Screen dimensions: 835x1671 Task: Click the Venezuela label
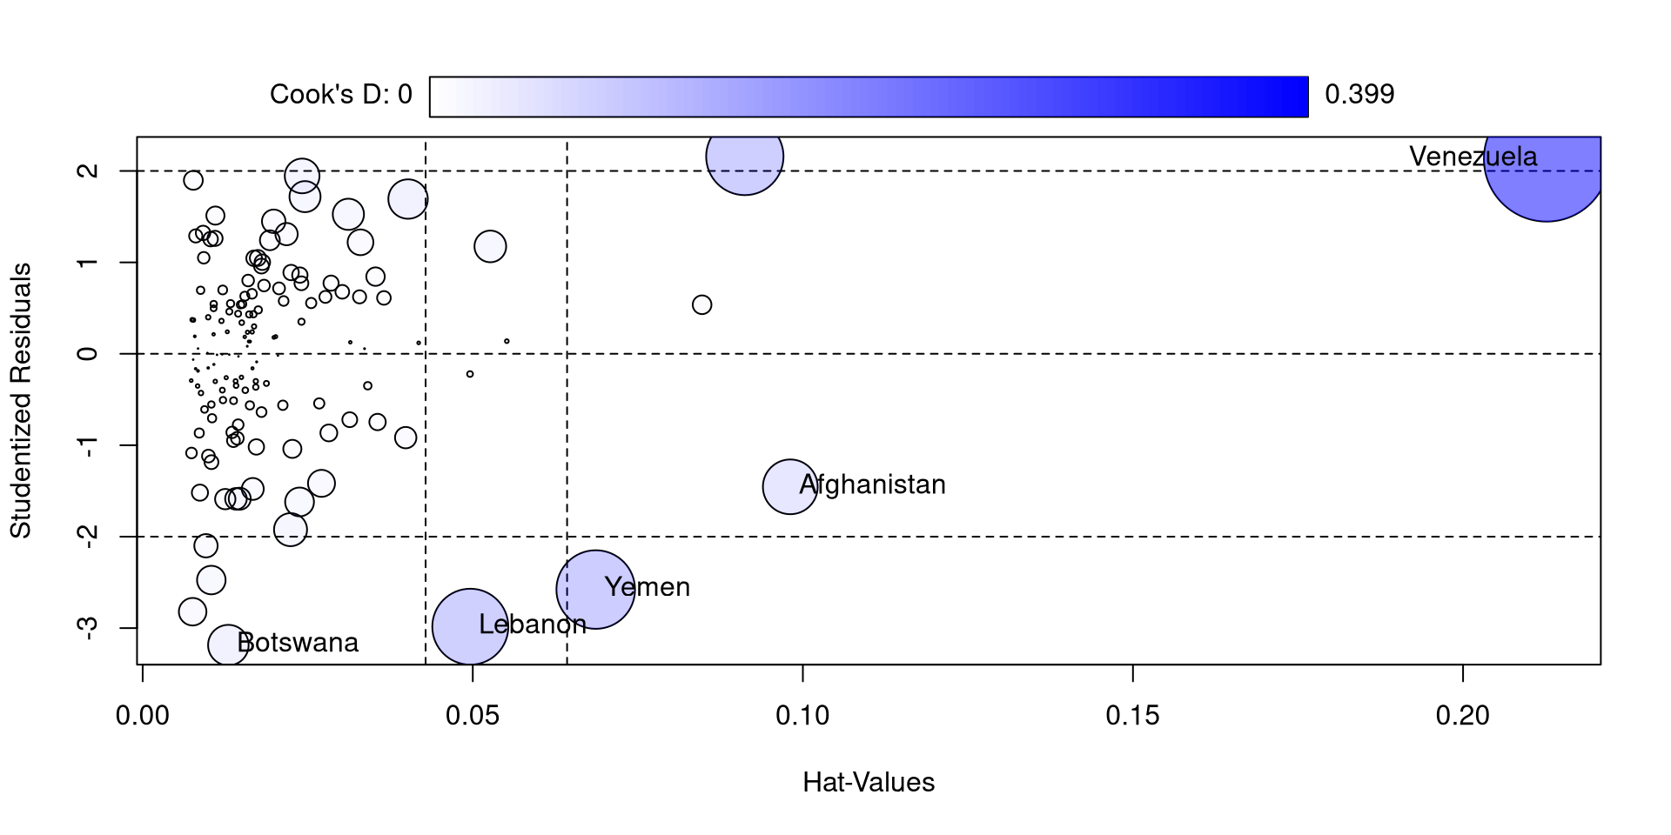click(1473, 157)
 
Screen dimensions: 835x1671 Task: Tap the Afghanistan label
click(872, 484)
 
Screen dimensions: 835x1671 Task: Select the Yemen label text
click(648, 587)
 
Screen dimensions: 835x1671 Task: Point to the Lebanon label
click(533, 625)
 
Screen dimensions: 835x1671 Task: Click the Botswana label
click(298, 643)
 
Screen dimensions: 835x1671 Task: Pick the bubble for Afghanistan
click(790, 486)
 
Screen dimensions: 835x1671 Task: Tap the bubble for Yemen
click(594, 590)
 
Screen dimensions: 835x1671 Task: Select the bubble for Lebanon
click(470, 626)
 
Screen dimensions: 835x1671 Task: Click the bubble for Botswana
click(227, 645)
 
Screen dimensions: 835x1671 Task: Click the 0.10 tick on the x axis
click(802, 716)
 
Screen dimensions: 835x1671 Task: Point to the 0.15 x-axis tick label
click(1132, 716)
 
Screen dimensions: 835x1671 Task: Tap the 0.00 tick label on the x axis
click(143, 716)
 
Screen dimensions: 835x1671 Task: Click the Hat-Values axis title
click(869, 783)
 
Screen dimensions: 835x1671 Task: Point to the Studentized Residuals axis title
click(21, 400)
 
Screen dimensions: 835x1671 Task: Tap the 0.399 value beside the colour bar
click(1359, 94)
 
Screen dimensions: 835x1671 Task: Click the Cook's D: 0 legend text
click(340, 94)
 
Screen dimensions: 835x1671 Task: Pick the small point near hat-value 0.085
click(702, 304)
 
